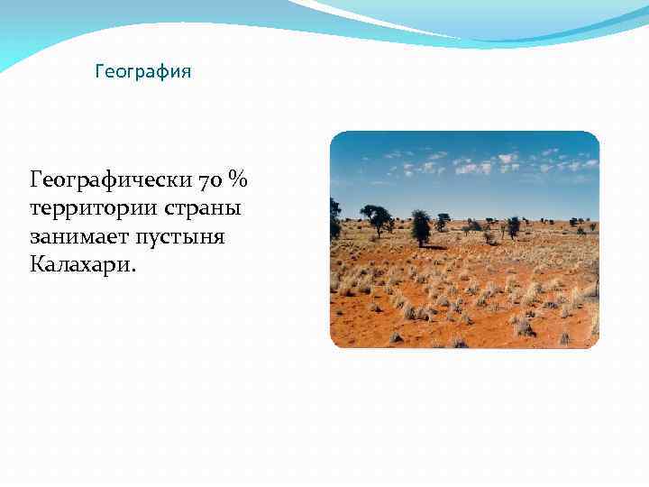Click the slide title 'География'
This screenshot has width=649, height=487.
[143, 70]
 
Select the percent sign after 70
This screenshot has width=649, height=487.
[237, 180]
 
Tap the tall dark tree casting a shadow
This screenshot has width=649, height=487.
[420, 225]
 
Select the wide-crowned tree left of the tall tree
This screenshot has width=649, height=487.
[376, 216]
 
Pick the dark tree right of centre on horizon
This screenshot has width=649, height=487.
[513, 225]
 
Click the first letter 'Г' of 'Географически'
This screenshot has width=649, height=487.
[37, 180]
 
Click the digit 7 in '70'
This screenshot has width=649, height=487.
[206, 180]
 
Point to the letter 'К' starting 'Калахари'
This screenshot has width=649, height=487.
[38, 266]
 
